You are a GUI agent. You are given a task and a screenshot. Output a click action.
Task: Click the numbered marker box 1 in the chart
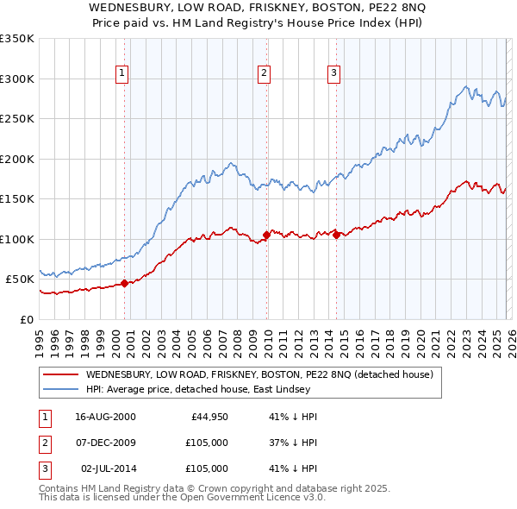click(x=123, y=73)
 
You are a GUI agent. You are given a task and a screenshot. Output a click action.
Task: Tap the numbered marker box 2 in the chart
click(x=264, y=73)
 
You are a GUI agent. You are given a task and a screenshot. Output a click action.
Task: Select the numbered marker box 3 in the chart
click(x=333, y=73)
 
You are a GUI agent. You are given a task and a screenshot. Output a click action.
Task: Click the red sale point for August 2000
click(x=124, y=283)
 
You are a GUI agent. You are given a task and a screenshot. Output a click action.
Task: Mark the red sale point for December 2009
click(x=265, y=235)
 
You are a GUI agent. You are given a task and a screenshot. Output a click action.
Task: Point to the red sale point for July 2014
click(x=335, y=235)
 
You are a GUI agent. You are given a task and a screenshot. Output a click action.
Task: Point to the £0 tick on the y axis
click(x=26, y=319)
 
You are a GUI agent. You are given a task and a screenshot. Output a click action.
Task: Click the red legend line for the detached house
click(x=60, y=375)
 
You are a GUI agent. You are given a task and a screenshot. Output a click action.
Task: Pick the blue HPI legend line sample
click(x=60, y=389)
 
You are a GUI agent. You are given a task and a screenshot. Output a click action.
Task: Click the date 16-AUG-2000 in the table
click(x=105, y=417)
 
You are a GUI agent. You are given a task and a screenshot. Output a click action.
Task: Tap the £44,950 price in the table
click(x=209, y=417)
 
